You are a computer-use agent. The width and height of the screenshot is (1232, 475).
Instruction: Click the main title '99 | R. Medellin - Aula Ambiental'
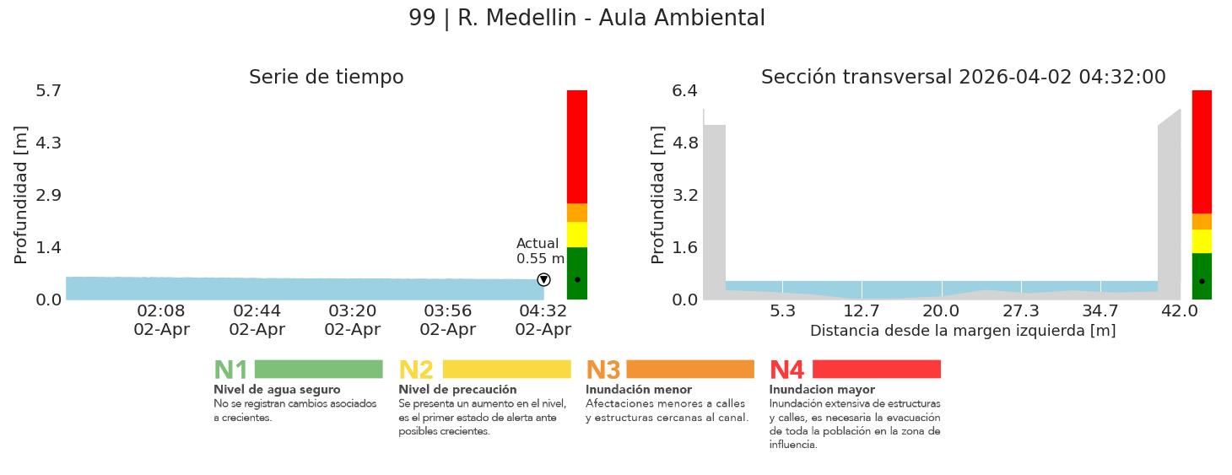pyautogui.click(x=586, y=19)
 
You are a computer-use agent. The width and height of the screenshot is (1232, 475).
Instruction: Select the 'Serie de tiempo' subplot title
pyautogui.click(x=326, y=78)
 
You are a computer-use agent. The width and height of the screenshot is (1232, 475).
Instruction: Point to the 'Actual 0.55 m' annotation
pyautogui.click(x=540, y=251)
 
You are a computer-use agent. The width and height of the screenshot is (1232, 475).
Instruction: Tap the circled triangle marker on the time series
pyautogui.click(x=543, y=279)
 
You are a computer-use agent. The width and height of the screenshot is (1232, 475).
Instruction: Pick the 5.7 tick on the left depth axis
pyautogui.click(x=48, y=90)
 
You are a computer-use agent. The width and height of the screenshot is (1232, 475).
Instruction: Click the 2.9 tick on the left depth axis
pyautogui.click(x=48, y=195)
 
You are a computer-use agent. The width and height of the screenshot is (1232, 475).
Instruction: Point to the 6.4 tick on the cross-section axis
pyautogui.click(x=684, y=90)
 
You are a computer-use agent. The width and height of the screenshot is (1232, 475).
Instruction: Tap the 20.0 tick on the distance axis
pyautogui.click(x=941, y=311)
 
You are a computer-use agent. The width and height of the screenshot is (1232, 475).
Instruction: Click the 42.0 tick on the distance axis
pyautogui.click(x=1179, y=311)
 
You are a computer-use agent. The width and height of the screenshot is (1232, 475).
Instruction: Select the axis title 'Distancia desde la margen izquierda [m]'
pyautogui.click(x=963, y=331)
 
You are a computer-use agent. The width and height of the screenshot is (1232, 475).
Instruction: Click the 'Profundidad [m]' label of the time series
pyautogui.click(x=21, y=195)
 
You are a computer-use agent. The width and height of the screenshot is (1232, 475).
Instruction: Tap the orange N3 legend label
pyautogui.click(x=602, y=370)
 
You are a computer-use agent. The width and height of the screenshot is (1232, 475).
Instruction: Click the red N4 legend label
pyautogui.click(x=786, y=370)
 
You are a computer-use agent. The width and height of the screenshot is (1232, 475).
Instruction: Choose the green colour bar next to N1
pyautogui.click(x=318, y=370)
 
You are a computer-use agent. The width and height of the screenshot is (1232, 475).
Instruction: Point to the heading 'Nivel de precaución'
pyautogui.click(x=457, y=390)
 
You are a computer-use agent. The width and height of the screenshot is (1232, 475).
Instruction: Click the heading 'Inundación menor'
pyautogui.click(x=638, y=390)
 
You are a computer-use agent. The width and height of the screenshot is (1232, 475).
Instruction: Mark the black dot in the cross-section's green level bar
pyautogui.click(x=1202, y=281)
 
